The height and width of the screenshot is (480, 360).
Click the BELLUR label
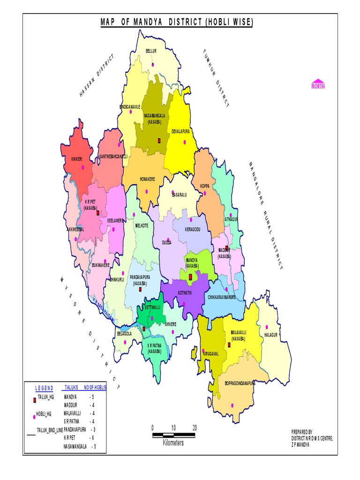click(x=151, y=50)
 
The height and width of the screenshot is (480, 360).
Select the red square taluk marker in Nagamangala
click(x=159, y=140)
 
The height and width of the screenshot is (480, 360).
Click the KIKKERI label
click(x=77, y=159)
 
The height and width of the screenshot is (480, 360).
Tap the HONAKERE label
click(x=149, y=179)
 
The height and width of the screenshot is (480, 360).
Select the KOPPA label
click(x=205, y=186)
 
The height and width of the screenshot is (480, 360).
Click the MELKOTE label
click(x=142, y=225)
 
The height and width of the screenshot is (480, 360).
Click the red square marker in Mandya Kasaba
click(x=190, y=277)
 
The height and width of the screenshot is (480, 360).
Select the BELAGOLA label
click(x=124, y=334)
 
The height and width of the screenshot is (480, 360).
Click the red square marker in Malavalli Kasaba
click(x=229, y=345)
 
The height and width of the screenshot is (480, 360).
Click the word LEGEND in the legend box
click(x=44, y=388)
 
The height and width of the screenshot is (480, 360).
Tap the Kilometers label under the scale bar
click(x=173, y=443)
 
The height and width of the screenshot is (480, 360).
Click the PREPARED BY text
click(x=301, y=431)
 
